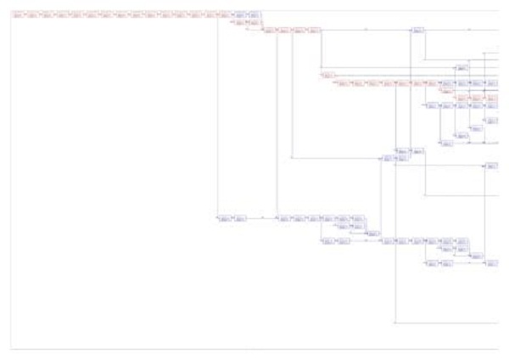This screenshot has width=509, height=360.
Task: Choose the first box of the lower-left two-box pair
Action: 225,219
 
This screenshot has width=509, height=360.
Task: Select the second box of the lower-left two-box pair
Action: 240,219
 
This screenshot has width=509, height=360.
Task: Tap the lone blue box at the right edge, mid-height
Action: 490,166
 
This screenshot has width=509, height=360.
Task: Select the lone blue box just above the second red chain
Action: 462,67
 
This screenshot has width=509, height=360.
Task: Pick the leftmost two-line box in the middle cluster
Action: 388,158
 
